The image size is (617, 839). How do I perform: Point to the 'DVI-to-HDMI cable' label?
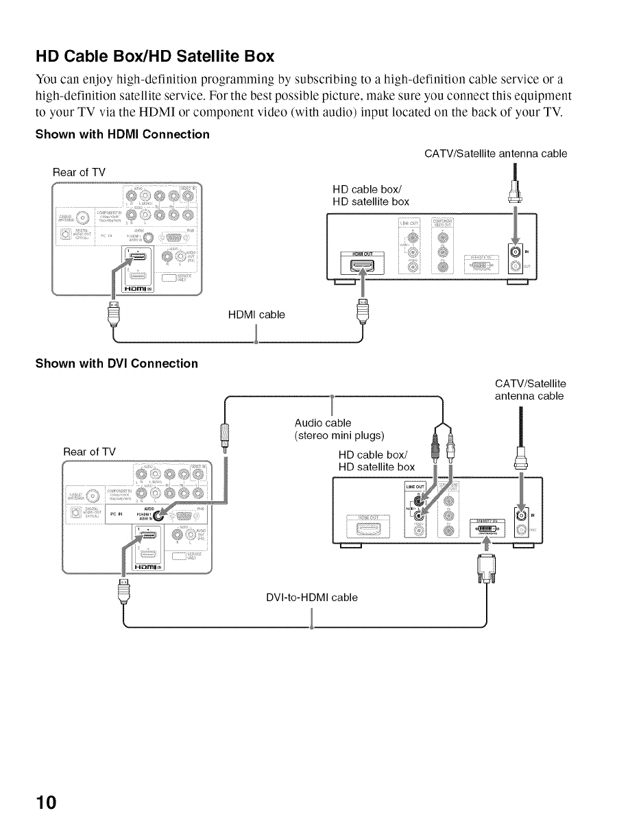[311, 597]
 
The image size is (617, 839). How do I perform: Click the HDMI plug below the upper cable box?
[362, 311]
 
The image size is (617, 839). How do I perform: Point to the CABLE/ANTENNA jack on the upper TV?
[84, 220]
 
